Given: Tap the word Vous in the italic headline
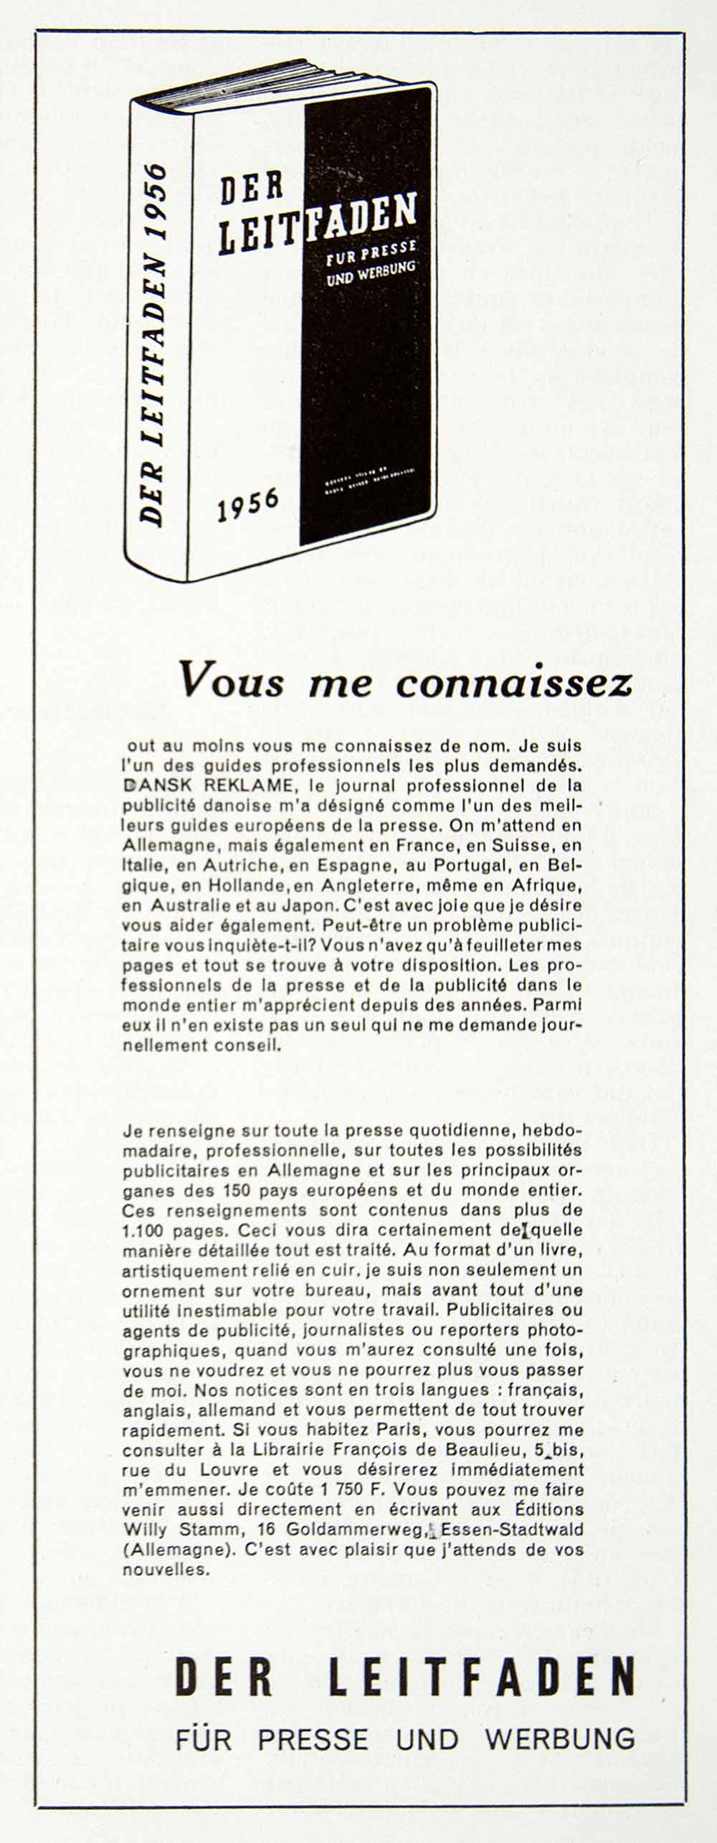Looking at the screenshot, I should tap(232, 681).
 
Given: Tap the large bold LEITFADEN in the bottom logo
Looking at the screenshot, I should tap(482, 1678).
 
